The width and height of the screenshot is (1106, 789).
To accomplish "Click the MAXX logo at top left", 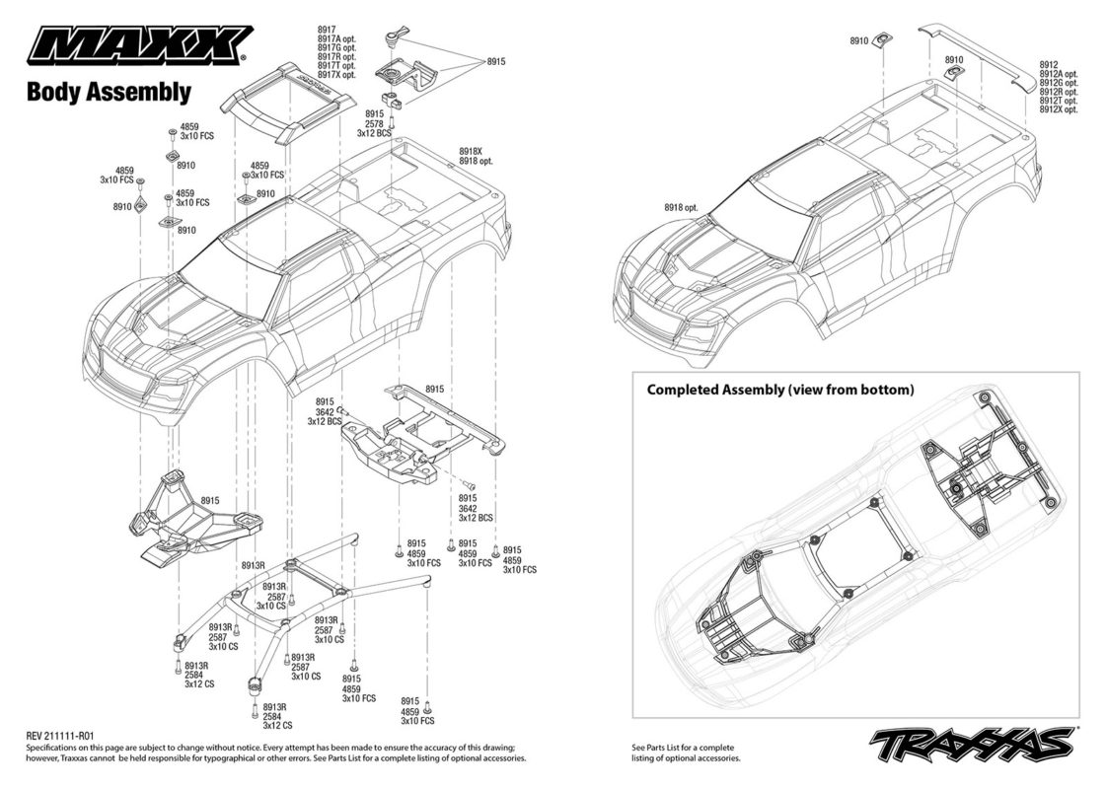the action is pos(138,45).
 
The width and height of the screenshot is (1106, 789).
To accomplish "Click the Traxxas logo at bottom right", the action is pos(974,744).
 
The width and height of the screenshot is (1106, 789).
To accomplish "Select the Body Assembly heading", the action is pos(109,93).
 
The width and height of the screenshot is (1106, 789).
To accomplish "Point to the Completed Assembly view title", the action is pos(780,390).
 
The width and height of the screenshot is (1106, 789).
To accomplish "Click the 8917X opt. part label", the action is pos(336,75).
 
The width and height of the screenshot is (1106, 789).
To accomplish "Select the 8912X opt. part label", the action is pos(1058,109).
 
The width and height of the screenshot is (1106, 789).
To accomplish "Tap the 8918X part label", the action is pos(470,152).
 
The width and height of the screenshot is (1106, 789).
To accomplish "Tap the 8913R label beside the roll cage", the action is pos(253,565).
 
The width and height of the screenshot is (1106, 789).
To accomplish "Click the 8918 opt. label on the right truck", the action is pos(681,207).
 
